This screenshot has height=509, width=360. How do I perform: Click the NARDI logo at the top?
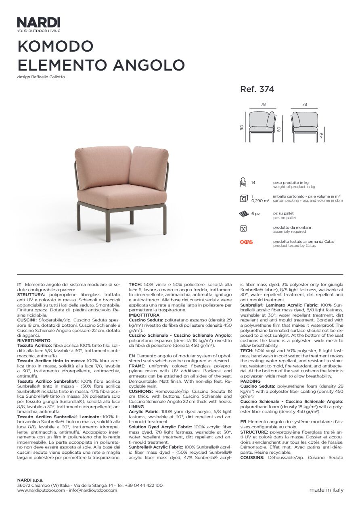[39, 22]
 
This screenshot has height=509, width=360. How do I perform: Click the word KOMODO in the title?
[55, 46]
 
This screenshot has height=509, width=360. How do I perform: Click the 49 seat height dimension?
[321, 135]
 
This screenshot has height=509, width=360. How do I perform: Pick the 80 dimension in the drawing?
[279, 129]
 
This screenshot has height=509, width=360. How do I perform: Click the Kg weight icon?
[243, 183]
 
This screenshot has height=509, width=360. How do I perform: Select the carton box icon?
[243, 198]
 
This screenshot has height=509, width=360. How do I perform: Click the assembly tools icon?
[243, 228]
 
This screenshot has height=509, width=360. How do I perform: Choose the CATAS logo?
[246, 242]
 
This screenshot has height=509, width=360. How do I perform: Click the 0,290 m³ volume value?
[260, 200]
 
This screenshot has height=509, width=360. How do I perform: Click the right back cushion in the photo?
[148, 168]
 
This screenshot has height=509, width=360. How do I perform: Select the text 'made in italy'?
[327, 490]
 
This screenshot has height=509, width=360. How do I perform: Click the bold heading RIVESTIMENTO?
[34, 340]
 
